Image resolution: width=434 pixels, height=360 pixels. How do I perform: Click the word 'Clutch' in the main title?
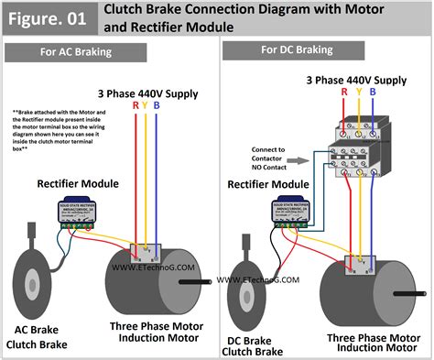coord(131,10)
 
